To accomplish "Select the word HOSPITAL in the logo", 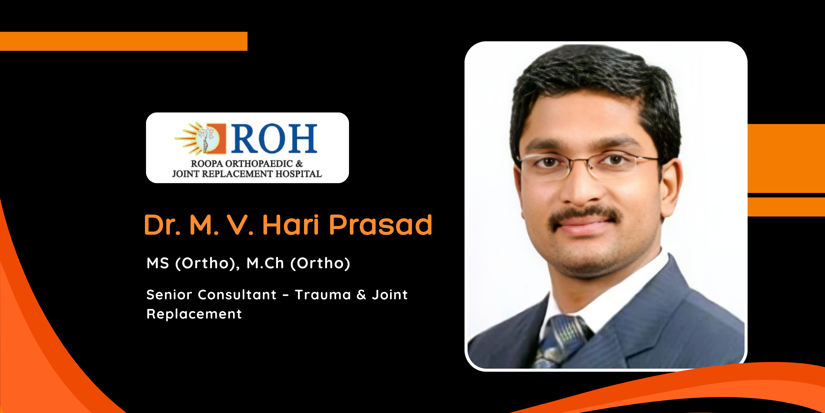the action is click(x=299, y=174).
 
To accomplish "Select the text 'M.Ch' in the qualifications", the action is click(x=265, y=263).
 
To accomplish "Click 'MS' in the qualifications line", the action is click(x=158, y=263).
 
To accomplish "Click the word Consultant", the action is click(x=237, y=295).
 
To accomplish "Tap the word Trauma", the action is click(x=323, y=295).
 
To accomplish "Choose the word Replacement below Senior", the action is click(x=194, y=314).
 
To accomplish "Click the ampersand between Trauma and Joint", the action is click(x=361, y=295).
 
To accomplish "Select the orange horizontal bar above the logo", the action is click(x=124, y=41).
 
